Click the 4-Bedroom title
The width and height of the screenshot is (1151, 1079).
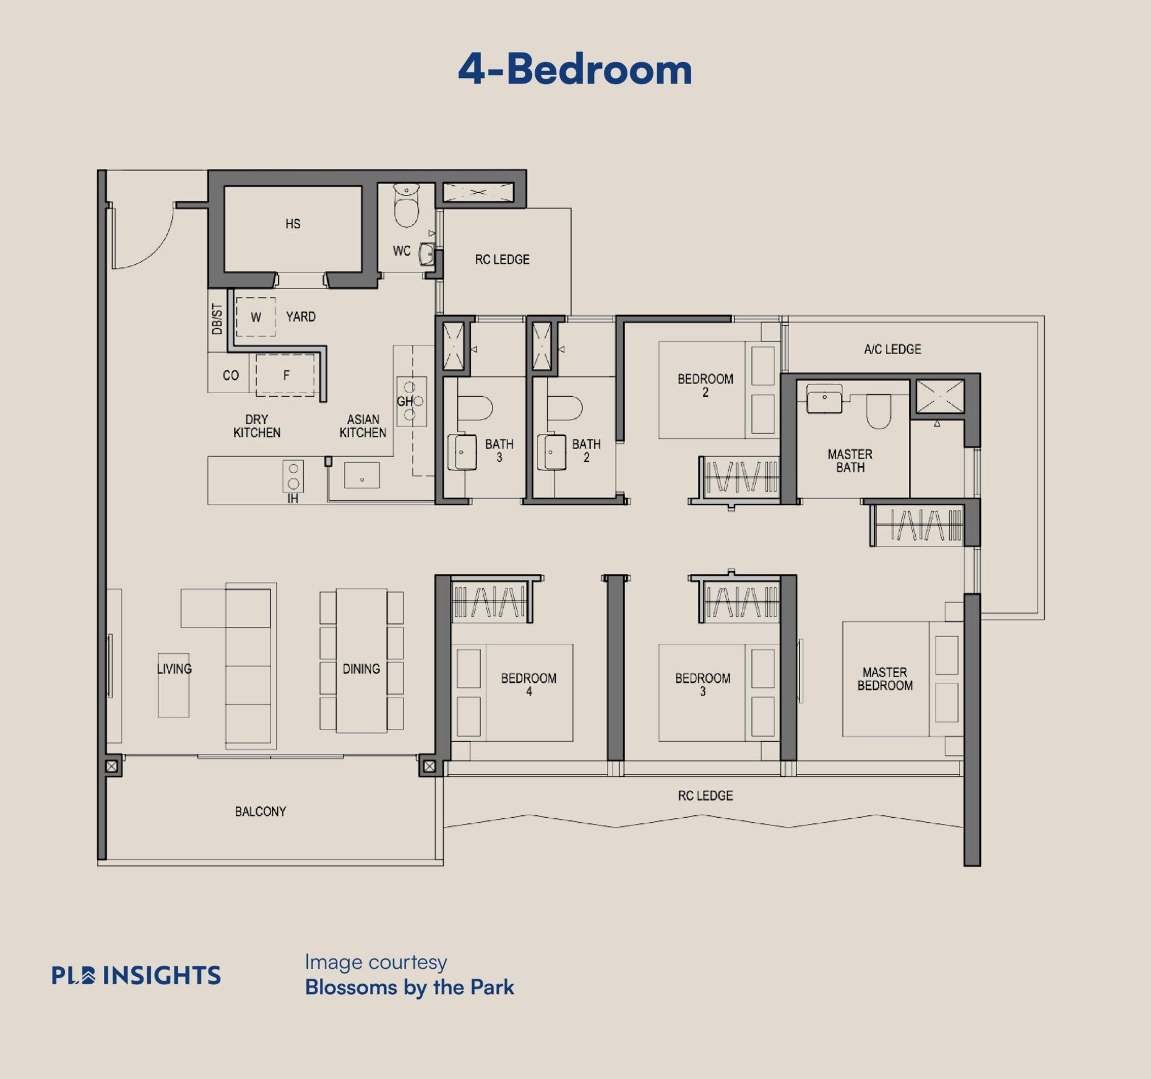(575, 69)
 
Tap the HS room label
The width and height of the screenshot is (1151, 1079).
(293, 223)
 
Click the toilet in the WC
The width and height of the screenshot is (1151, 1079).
(407, 206)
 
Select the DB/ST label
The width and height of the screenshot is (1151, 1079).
(217, 319)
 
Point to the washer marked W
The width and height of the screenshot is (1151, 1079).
(256, 317)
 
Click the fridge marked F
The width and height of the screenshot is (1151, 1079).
(285, 375)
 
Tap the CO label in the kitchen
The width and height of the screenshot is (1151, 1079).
(231, 375)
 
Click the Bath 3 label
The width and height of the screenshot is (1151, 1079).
(499, 451)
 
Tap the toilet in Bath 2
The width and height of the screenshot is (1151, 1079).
(565, 409)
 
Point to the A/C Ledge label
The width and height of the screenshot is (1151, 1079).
(892, 349)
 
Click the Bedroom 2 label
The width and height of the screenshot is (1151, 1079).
(705, 385)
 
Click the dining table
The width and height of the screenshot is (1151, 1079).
(361, 661)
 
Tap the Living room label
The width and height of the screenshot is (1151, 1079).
(175, 669)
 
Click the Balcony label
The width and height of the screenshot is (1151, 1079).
(261, 811)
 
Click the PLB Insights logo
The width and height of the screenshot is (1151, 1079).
(136, 975)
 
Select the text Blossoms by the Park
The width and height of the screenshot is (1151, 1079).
(410, 987)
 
